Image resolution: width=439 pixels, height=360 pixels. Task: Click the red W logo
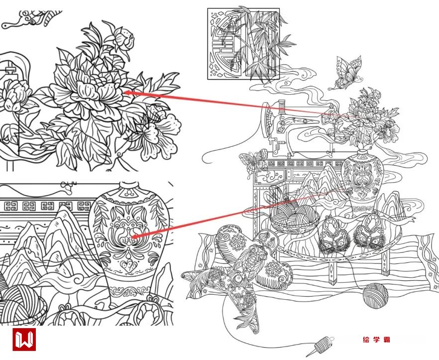[x=24, y=339]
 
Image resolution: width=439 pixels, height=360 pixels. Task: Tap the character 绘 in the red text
[x=366, y=340]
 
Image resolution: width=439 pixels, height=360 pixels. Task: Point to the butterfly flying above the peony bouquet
[x=346, y=73]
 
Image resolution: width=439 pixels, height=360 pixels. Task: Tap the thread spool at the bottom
[x=324, y=345]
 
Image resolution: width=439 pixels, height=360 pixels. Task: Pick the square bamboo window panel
[x=243, y=44]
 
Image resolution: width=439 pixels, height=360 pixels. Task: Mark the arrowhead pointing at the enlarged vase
[x=135, y=237]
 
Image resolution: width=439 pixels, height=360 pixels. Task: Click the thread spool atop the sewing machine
[x=281, y=107]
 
